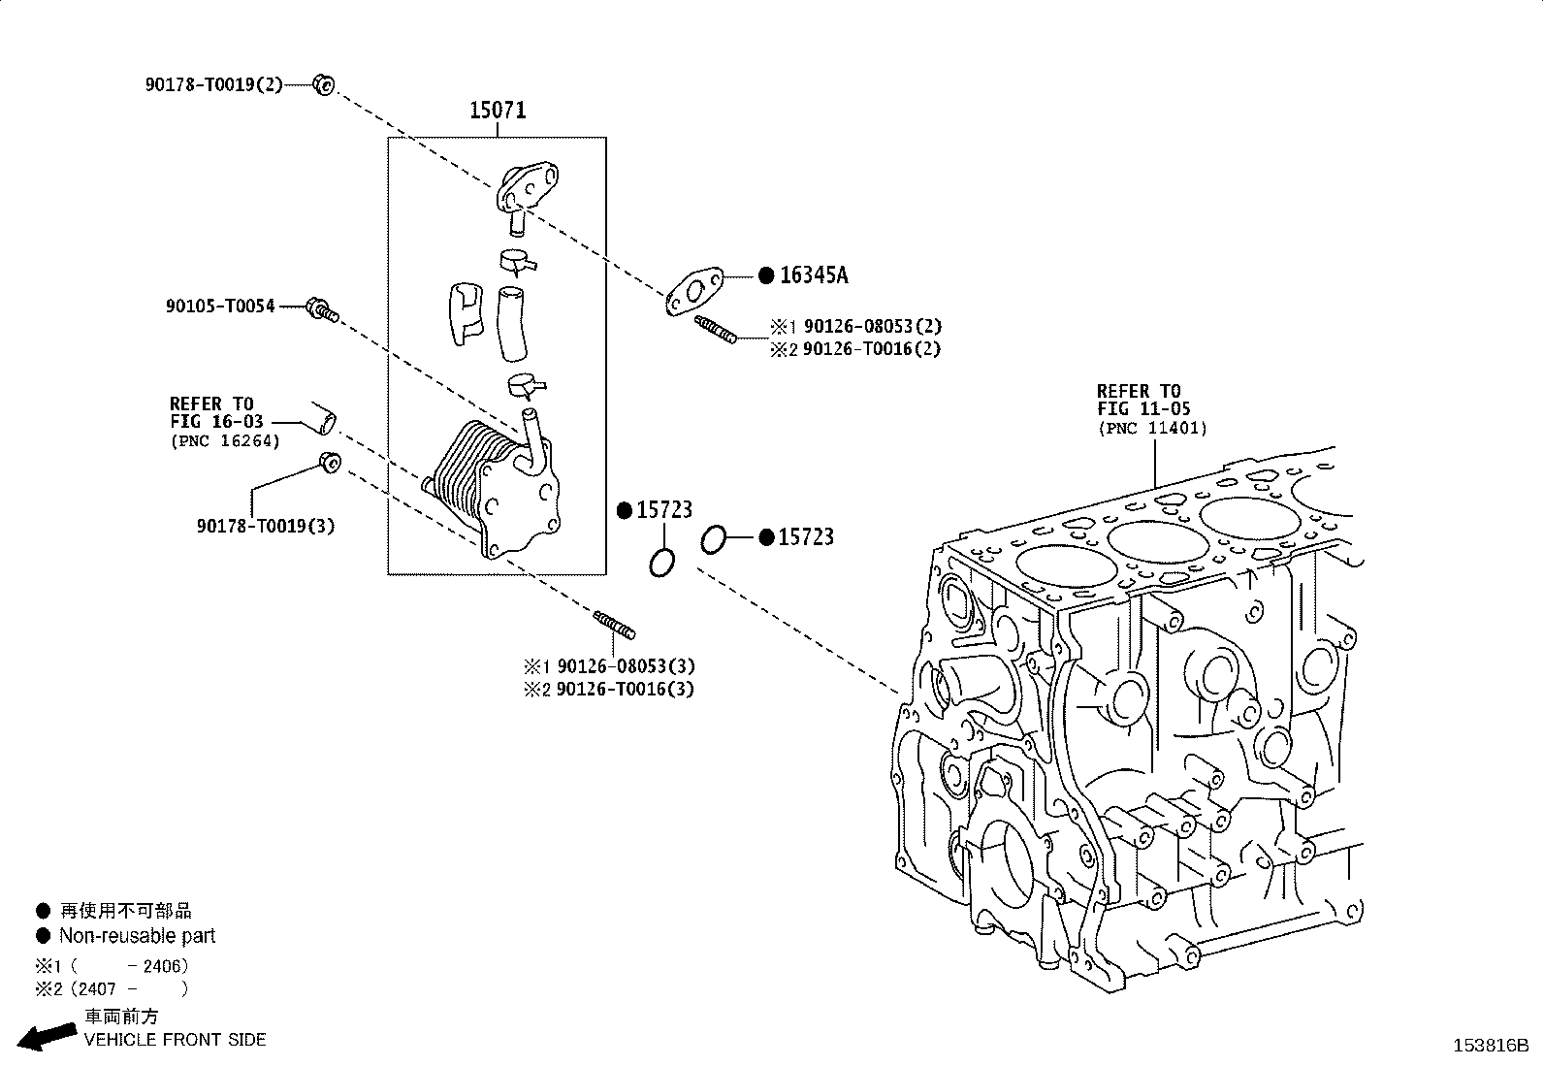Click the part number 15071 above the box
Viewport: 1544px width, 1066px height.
(x=498, y=111)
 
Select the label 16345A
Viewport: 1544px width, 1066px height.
(x=814, y=275)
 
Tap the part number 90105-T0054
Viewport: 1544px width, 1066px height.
(x=220, y=307)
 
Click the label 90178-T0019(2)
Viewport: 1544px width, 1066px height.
(x=213, y=84)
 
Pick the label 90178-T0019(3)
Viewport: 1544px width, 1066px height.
(x=266, y=526)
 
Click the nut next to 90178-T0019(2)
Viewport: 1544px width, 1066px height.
(x=323, y=84)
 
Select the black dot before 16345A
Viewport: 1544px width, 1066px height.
(x=766, y=275)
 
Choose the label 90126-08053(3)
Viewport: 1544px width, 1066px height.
(x=626, y=666)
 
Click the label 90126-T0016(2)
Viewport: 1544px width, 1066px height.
(x=872, y=349)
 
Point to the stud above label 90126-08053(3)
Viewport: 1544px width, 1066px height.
(x=614, y=625)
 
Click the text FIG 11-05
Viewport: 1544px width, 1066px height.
(x=1143, y=409)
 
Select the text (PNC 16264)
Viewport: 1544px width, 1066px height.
(x=225, y=441)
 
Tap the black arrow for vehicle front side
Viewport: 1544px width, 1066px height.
(x=47, y=1036)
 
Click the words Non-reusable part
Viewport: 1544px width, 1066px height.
(x=137, y=936)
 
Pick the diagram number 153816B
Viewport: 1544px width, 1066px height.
(x=1491, y=1046)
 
